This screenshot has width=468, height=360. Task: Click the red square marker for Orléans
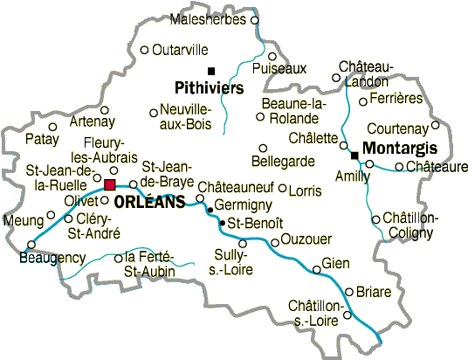click(109, 184)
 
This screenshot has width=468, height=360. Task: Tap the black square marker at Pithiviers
click(210, 71)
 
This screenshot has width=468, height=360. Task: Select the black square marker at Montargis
click(354, 156)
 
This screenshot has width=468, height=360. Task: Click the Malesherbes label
click(209, 19)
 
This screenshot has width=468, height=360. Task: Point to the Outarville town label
click(180, 50)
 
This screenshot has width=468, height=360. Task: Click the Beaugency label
click(52, 258)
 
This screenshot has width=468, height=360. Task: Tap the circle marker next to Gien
click(316, 269)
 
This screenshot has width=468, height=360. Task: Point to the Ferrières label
click(396, 98)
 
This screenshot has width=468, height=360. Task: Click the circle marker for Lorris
click(282, 188)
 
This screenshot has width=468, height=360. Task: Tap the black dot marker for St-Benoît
click(221, 224)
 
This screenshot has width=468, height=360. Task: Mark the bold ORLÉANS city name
click(149, 202)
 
